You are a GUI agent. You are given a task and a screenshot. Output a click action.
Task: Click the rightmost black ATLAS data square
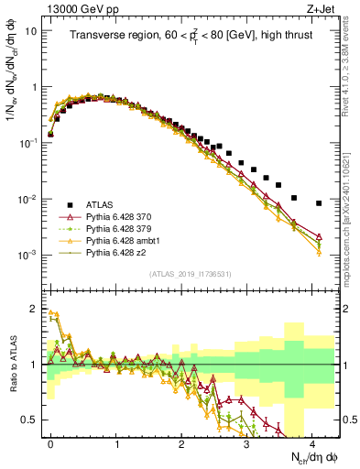pyautogui.click(x=319, y=203)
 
